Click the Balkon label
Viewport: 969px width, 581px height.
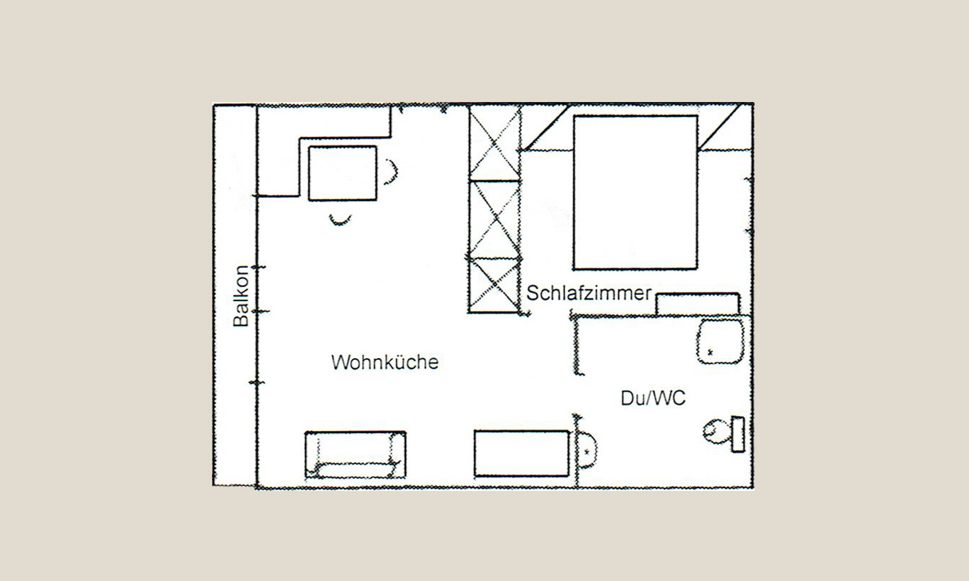241,296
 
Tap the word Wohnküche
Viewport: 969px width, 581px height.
385,362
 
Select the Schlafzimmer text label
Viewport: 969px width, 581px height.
588,293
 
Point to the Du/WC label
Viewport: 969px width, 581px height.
653,398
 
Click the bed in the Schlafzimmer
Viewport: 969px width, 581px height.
635,192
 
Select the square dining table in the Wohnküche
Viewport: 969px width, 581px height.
343,173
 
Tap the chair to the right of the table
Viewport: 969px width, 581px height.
392,172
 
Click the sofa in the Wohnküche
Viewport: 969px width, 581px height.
355,454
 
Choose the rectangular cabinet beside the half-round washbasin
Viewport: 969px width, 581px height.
521,454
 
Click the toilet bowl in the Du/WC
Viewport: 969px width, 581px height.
716,432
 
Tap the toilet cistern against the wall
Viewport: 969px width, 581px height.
738,434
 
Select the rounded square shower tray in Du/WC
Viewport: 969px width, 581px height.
720,342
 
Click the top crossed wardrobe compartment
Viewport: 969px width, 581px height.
495,143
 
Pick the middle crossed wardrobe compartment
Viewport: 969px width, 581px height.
495,219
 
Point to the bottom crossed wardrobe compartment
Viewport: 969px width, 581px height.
495,284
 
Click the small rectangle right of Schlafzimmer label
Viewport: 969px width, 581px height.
698,304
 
